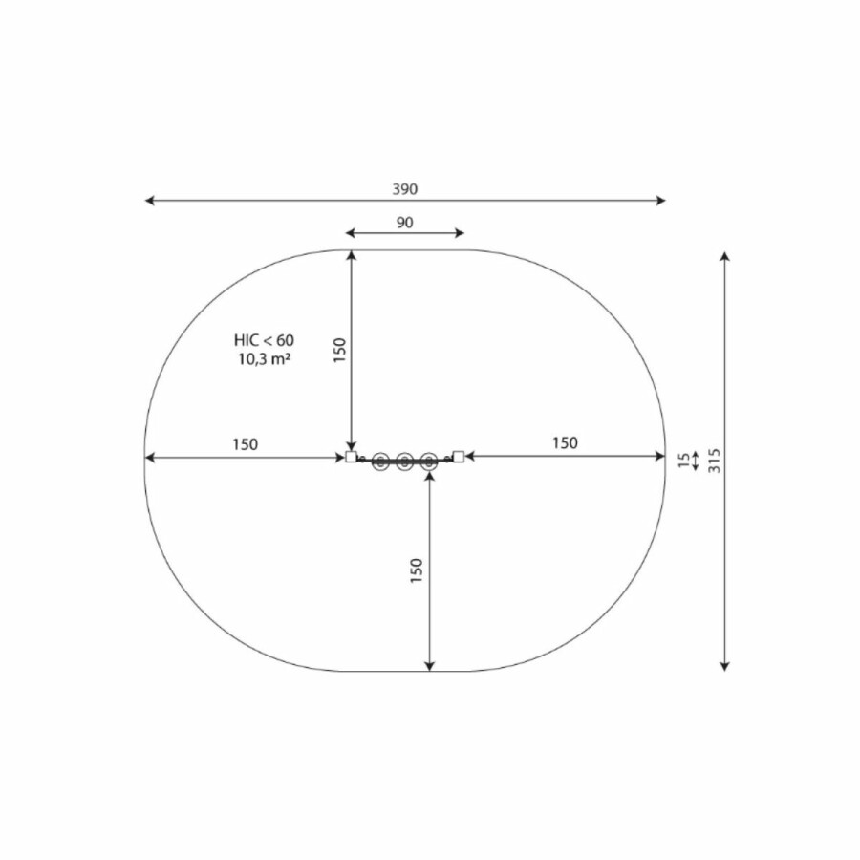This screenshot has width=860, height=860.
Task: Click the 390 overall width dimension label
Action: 405,189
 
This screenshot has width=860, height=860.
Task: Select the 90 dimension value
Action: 405,223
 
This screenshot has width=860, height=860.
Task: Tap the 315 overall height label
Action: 714,461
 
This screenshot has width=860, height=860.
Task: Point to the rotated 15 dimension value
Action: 683,461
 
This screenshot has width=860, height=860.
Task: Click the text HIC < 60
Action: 264,340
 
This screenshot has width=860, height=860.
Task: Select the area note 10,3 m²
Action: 264,360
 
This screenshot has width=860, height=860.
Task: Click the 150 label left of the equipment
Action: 245,444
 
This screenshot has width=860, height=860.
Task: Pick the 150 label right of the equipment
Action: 565,442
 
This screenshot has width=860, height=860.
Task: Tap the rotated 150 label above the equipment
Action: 340,350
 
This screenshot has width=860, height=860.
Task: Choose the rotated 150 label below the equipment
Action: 417,570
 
